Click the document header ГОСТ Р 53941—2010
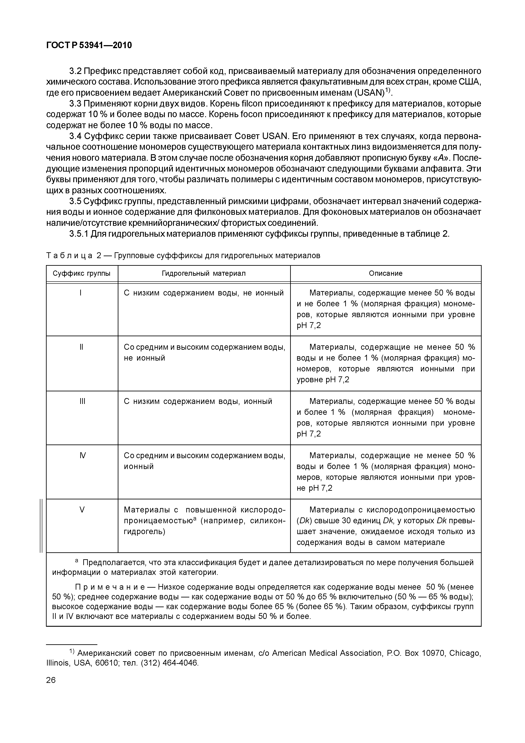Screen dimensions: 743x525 click(x=89, y=45)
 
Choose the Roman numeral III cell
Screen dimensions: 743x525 click(x=82, y=401)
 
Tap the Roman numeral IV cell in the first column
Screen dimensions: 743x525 click(x=82, y=456)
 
